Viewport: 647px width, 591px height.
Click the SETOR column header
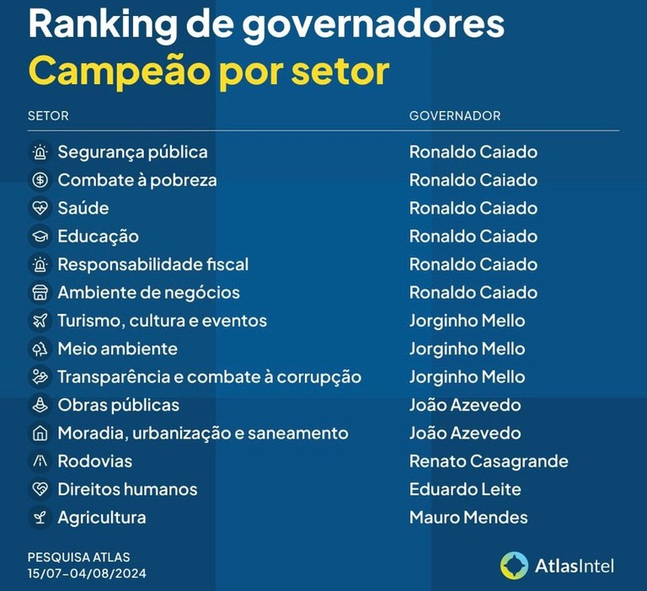[48, 115]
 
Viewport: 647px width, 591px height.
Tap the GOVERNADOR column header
[455, 115]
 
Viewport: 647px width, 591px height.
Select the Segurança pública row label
[132, 152]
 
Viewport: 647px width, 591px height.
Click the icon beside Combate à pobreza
[40, 180]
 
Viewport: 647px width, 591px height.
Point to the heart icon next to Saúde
[40, 209]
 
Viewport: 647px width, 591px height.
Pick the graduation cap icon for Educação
[40, 237]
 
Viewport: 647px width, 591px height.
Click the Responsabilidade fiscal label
[152, 264]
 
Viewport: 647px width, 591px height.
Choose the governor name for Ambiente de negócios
[473, 292]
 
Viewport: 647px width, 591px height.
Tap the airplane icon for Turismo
[40, 321]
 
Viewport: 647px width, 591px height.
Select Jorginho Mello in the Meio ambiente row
[467, 349]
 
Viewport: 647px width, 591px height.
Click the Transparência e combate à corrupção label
[209, 377]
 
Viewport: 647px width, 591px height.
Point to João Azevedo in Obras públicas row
[465, 405]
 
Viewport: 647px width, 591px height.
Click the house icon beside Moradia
[40, 434]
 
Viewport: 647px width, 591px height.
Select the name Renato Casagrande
[489, 461]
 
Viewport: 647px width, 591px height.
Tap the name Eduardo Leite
[465, 489]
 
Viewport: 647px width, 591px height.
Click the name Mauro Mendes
[468, 518]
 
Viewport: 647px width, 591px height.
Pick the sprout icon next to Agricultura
[40, 518]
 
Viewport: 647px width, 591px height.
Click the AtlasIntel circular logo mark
[514, 566]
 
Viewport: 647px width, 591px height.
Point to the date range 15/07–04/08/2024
[87, 573]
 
